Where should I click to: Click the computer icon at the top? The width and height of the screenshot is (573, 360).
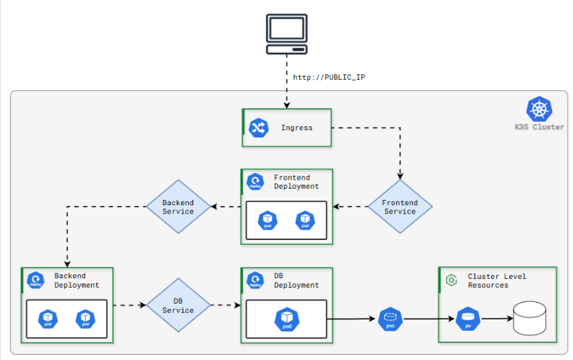[x=286, y=33]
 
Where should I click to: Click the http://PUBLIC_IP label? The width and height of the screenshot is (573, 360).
[x=329, y=77]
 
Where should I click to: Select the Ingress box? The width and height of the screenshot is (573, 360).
[x=286, y=128]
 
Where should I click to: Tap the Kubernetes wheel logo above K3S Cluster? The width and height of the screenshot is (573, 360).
[x=538, y=109]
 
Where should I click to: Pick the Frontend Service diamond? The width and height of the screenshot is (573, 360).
[x=399, y=207]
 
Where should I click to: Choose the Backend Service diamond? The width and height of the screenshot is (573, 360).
[x=177, y=207]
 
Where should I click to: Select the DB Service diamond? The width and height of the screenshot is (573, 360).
[x=177, y=305]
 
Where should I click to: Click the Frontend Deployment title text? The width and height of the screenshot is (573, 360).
[x=296, y=182]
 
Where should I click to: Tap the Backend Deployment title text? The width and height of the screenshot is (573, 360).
[x=76, y=280]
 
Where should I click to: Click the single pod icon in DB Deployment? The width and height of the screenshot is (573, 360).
[x=286, y=319]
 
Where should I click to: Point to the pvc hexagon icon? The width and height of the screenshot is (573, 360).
[x=390, y=319]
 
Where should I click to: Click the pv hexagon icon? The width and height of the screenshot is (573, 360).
[x=468, y=319]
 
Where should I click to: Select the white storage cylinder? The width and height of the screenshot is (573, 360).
[x=529, y=319]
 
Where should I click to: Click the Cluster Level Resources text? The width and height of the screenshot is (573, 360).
[x=496, y=280]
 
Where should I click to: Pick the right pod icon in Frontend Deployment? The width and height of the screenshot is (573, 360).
[x=305, y=221]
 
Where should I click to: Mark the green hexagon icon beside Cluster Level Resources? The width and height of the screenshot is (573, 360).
[x=451, y=280]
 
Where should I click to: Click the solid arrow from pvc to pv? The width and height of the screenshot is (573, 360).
[x=429, y=319]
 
